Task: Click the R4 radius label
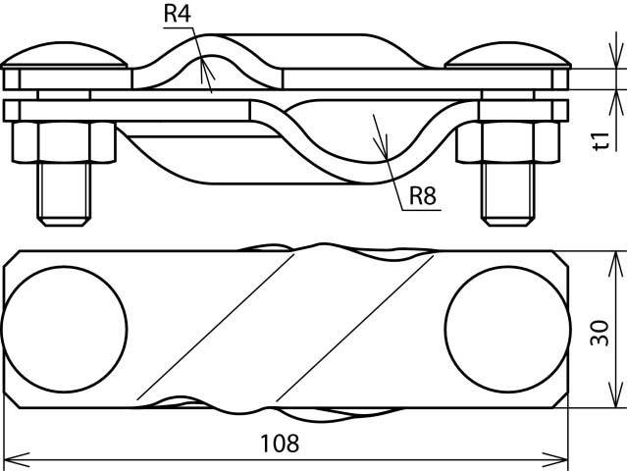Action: (x=178, y=13)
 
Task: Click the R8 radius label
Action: (x=423, y=195)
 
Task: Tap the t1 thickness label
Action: (x=601, y=140)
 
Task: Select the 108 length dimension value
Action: (x=280, y=443)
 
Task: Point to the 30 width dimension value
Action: (x=601, y=333)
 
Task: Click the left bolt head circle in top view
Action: (x=65, y=329)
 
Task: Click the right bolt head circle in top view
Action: (x=508, y=329)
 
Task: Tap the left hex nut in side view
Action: (x=64, y=142)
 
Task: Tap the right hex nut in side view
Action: (x=508, y=142)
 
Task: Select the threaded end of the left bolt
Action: (x=64, y=194)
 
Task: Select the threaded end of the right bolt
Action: (x=508, y=194)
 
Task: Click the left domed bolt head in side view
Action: (x=64, y=55)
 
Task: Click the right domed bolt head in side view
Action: (x=508, y=55)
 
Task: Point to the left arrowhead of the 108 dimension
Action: (x=15, y=460)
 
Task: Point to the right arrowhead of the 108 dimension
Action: (x=555, y=460)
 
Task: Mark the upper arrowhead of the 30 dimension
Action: (x=616, y=264)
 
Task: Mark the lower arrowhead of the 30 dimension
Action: (x=616, y=395)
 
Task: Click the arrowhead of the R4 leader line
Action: (x=205, y=68)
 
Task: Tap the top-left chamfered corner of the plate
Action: (x=11, y=259)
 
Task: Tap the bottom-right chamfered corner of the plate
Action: (x=560, y=399)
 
